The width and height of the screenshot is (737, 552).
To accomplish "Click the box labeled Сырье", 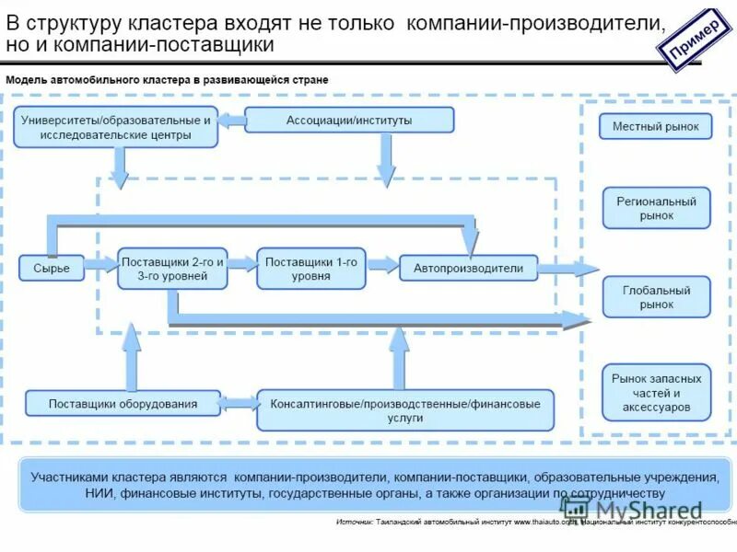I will pyautogui.click(x=52, y=268).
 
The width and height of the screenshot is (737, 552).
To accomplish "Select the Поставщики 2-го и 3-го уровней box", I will pyautogui.click(x=172, y=268).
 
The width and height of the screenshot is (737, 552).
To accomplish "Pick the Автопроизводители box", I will pyautogui.click(x=468, y=269).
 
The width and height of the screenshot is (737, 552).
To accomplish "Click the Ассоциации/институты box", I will pyautogui.click(x=349, y=120).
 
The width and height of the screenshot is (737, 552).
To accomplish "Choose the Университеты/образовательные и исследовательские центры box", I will pyautogui.click(x=116, y=127).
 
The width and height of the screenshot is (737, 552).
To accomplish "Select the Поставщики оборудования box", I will pyautogui.click(x=123, y=403).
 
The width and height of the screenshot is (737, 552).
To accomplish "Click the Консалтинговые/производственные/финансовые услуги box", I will pyautogui.click(x=405, y=410).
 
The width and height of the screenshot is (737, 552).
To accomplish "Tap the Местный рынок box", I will pyautogui.click(x=655, y=127).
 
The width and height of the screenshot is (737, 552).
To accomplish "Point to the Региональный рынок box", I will pyautogui.click(x=656, y=208).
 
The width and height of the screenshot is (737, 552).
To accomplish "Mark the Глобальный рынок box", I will pyautogui.click(x=656, y=297).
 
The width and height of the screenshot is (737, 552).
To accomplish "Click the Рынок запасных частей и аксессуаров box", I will pyautogui.click(x=656, y=392).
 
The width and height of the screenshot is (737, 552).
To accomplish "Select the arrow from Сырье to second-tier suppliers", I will pyautogui.click(x=99, y=267).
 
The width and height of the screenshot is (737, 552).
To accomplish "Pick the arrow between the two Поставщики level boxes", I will pyautogui.click(x=241, y=264).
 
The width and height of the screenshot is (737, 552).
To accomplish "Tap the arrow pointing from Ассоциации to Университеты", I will pyautogui.click(x=231, y=120).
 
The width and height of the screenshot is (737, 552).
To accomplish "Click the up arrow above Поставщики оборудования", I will pyautogui.click(x=132, y=354).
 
